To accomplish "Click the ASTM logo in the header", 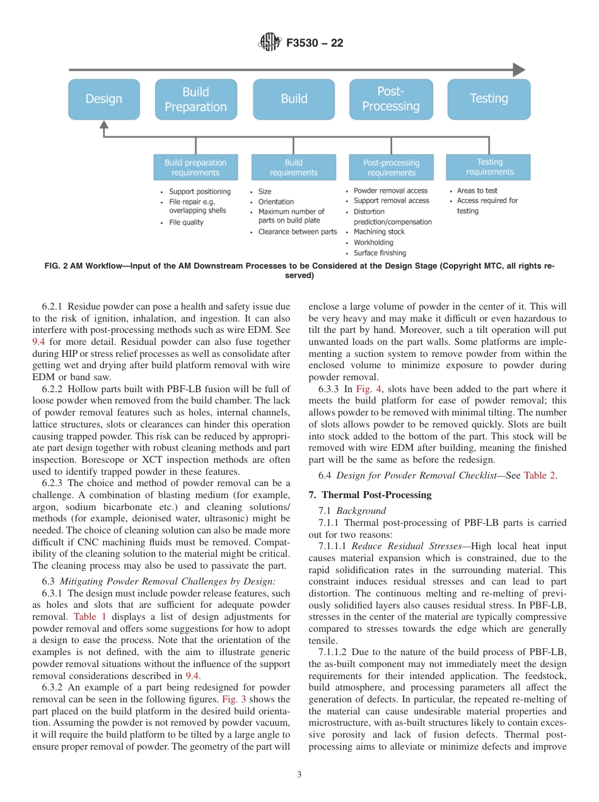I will tap(270, 43).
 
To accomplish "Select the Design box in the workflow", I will tap(104, 99).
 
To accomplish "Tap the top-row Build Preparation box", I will tap(196, 99).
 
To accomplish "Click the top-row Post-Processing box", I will tap(391, 99).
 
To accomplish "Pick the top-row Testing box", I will tap(489, 99).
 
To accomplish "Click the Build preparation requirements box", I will tap(195, 168).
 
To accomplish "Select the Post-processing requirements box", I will tap(391, 168).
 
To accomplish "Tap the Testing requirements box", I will tap(489, 167).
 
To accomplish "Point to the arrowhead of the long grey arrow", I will tap(518, 70).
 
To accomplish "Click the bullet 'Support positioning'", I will tap(200, 192).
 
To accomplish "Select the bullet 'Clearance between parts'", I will tap(298, 232).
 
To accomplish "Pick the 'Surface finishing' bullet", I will tap(380, 253).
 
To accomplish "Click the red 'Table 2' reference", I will tap(540, 475).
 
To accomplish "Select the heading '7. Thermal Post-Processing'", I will tap(370, 495).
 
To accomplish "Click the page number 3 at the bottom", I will tap(299, 774).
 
